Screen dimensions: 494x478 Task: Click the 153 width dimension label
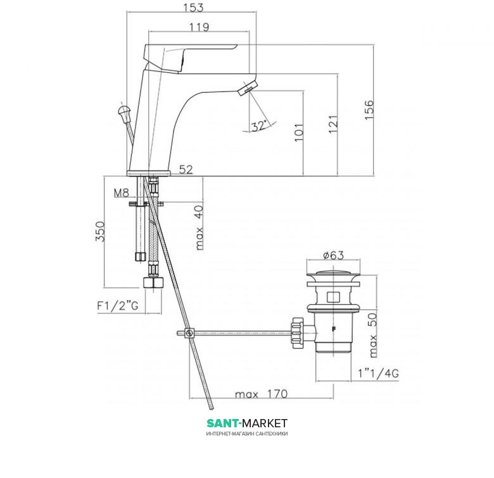click(193, 7)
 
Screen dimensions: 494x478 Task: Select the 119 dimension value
click(199, 27)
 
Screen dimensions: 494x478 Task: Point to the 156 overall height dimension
click(369, 110)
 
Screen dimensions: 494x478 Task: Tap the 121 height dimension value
click(332, 124)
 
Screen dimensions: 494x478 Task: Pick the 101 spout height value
click(299, 132)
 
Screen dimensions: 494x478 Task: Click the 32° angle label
click(259, 126)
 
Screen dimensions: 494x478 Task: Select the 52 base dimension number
click(186, 169)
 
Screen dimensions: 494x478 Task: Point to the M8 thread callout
click(122, 193)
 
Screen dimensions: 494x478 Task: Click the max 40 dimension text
click(199, 228)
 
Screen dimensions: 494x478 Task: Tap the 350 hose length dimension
click(100, 231)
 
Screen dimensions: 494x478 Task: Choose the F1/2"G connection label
click(118, 306)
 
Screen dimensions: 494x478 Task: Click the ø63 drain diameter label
click(333, 255)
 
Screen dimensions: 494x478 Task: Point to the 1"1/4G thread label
click(378, 373)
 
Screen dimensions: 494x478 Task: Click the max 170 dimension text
click(261, 394)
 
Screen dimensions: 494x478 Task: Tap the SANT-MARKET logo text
click(247, 423)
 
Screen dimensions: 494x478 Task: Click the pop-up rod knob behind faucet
click(123, 113)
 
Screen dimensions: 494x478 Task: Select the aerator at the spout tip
click(248, 87)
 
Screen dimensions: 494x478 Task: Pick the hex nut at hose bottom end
click(153, 282)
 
